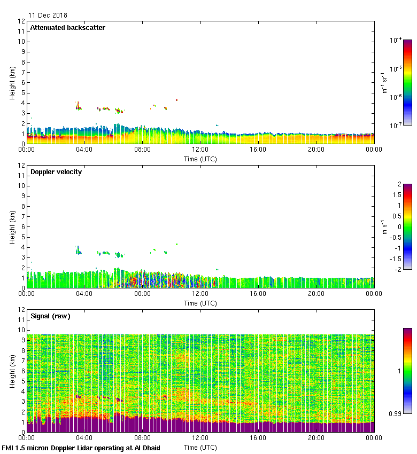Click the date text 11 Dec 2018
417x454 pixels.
[48, 15]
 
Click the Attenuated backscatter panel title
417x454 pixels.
[68, 28]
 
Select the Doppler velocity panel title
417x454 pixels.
[56, 172]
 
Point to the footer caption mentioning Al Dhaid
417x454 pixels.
[81, 448]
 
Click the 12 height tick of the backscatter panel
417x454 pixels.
[21, 21]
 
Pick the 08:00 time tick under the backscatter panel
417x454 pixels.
[142, 150]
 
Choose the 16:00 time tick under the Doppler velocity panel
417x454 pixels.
[258, 294]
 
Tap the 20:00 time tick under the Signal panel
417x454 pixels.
[316, 438]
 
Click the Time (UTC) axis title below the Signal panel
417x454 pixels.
[200, 447]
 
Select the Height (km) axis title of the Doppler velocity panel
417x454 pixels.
[12, 227]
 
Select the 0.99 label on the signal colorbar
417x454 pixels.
[395, 413]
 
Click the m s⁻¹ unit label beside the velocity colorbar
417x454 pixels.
[384, 227]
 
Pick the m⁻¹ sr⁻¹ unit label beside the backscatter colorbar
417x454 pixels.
[384, 83]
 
